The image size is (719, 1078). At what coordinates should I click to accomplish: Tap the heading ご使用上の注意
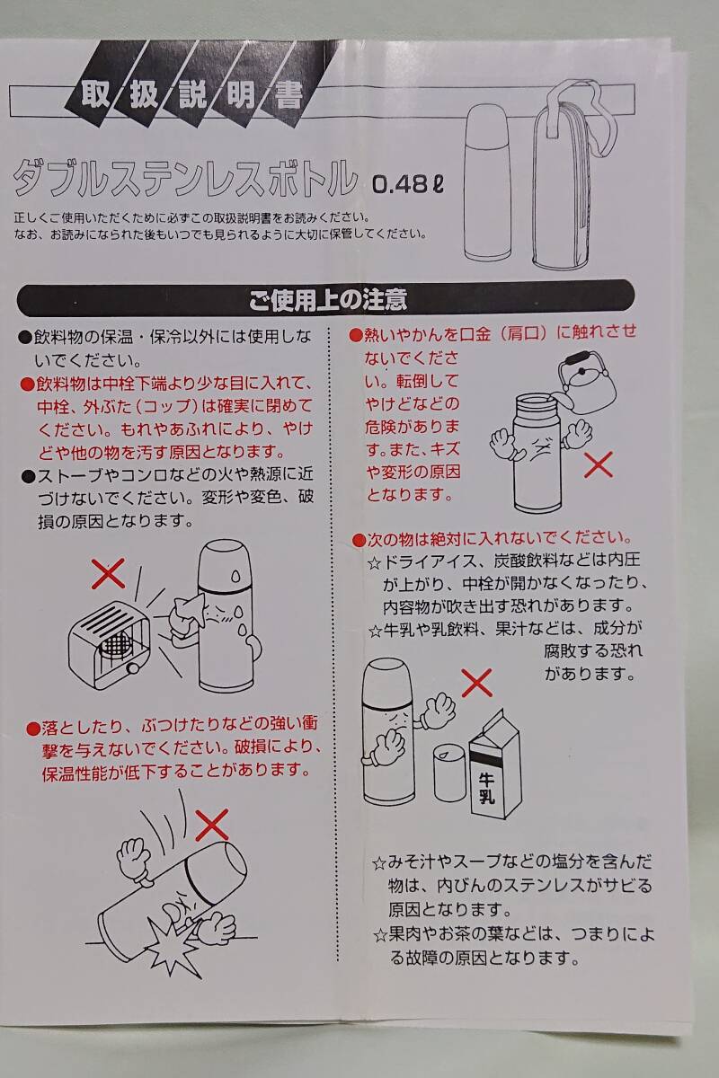[x=327, y=297]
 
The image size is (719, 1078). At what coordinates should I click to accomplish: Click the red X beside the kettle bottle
[x=599, y=464]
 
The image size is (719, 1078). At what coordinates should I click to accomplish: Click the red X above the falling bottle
[x=213, y=821]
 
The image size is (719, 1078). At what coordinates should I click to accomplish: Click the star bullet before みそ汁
[x=379, y=864]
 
